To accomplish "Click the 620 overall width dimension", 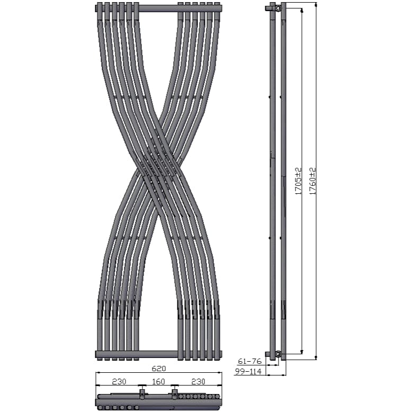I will pyautogui.click(x=159, y=368).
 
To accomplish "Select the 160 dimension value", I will pyautogui.click(x=158, y=381).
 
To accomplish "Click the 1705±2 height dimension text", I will pyautogui.click(x=298, y=181).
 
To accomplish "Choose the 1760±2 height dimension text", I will pyautogui.click(x=312, y=181).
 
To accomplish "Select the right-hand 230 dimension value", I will pyautogui.click(x=198, y=381).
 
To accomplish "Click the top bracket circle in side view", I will pyautogui.click(x=278, y=8).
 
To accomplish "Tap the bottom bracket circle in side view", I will pyautogui.click(x=278, y=353).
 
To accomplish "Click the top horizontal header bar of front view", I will pyautogui.click(x=158, y=8).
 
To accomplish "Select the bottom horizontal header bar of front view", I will pyautogui.click(x=158, y=354).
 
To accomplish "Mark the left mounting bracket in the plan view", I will pyautogui.click(x=142, y=393).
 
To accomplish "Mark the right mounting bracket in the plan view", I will pyautogui.click(x=174, y=393).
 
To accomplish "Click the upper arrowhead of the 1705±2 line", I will pyautogui.click(x=302, y=10).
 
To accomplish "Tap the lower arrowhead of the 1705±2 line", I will pyautogui.click(x=302, y=351).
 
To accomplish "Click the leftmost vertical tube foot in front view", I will pyautogui.click(x=100, y=334).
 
